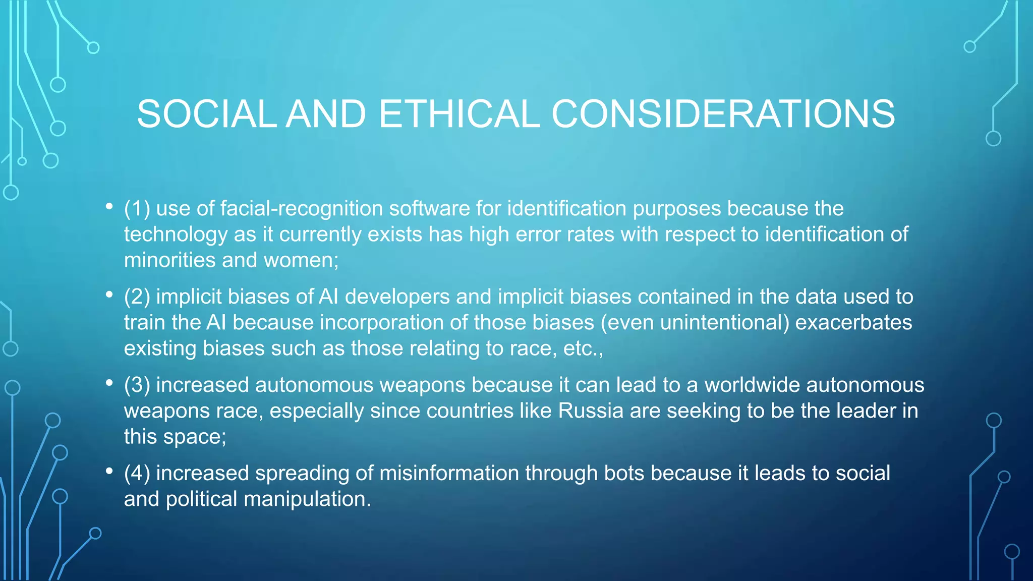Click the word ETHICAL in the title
458,113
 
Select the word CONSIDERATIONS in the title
723,113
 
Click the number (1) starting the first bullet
137,208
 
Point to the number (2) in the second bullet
137,297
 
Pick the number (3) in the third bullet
137,385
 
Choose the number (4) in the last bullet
137,473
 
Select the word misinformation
448,473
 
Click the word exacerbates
853,323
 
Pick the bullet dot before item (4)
109,471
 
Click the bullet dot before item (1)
109,206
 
